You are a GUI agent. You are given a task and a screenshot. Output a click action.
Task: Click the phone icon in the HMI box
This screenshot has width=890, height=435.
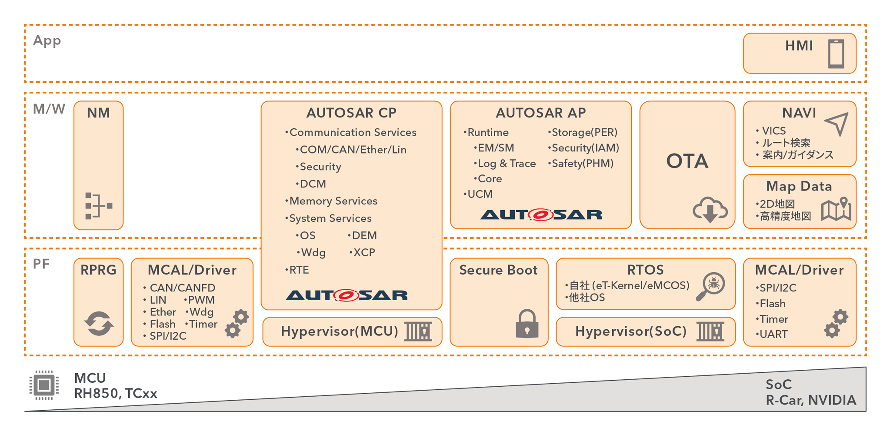pyautogui.click(x=836, y=54)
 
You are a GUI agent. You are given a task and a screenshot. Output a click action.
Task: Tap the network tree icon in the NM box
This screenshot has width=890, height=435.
pyautogui.click(x=99, y=206)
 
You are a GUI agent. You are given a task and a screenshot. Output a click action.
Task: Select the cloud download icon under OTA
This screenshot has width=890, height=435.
pyautogui.click(x=710, y=210)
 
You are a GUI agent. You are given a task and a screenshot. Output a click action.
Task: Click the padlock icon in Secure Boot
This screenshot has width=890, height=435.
pyautogui.click(x=527, y=324)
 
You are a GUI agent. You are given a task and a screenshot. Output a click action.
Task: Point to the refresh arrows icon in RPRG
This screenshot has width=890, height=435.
pyautogui.click(x=99, y=324)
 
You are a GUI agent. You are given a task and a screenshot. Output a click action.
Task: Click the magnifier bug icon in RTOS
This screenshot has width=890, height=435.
pyautogui.click(x=710, y=286)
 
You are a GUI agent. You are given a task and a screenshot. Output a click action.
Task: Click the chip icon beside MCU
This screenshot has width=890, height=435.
pyautogui.click(x=44, y=385)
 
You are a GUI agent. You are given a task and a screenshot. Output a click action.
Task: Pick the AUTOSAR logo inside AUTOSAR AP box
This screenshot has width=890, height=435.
pyautogui.click(x=541, y=214)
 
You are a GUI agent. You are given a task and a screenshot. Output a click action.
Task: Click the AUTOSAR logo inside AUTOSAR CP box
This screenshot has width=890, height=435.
pyautogui.click(x=347, y=295)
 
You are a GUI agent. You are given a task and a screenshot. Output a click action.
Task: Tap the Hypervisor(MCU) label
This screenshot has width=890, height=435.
pyautogui.click(x=340, y=331)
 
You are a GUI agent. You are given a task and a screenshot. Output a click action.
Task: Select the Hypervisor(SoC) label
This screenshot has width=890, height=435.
pyautogui.click(x=631, y=331)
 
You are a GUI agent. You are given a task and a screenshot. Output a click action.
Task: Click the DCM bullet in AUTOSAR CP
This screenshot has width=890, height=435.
pyautogui.click(x=311, y=184)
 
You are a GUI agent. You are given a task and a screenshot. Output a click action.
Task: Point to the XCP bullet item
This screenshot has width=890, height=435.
pyautogui.click(x=362, y=253)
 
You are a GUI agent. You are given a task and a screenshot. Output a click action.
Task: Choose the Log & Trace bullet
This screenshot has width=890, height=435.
pyautogui.click(x=505, y=164)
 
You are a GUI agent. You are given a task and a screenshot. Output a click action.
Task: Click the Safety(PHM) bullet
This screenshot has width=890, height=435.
pyautogui.click(x=580, y=164)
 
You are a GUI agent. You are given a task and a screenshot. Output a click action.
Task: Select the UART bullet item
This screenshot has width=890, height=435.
pyautogui.click(x=771, y=335)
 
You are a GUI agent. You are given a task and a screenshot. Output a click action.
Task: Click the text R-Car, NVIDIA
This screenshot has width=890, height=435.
pyautogui.click(x=811, y=400)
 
